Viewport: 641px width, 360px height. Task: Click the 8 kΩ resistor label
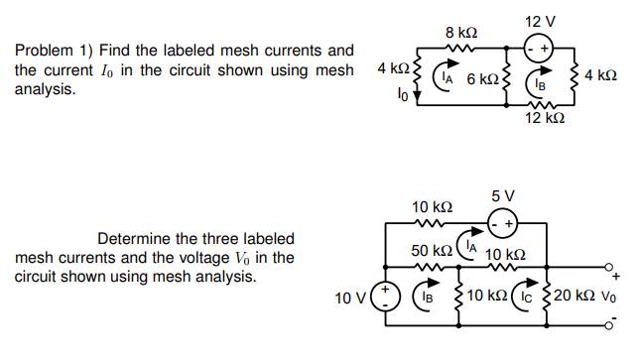click(462, 33)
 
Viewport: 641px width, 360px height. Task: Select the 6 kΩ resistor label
click(482, 77)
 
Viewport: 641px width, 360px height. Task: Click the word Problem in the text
click(41, 50)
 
